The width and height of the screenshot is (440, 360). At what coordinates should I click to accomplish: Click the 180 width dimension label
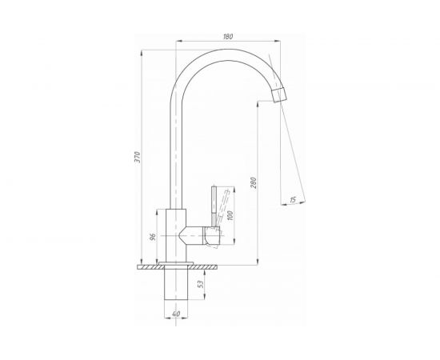coord(228,37)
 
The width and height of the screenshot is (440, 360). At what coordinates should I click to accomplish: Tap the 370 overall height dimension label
coord(138,158)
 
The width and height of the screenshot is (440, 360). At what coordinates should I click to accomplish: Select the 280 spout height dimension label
coord(254,182)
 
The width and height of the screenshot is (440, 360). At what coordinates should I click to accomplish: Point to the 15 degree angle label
coord(292,200)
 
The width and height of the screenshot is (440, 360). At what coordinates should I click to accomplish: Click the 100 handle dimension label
coord(230,215)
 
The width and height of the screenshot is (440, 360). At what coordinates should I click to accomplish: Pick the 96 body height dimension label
coord(152,237)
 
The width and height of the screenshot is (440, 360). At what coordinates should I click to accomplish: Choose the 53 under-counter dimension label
coord(200,285)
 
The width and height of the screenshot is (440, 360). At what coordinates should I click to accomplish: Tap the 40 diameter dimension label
coord(176,314)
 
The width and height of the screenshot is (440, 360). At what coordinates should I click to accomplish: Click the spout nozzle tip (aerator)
coord(279,94)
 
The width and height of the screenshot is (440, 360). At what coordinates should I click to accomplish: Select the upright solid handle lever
coord(214,206)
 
